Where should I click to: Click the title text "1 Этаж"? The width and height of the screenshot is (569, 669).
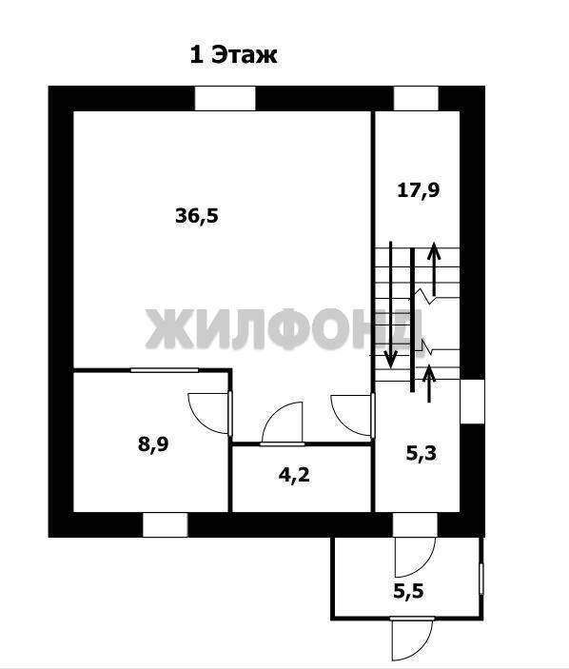point(233,55)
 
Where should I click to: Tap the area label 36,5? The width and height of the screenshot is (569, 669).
point(197,216)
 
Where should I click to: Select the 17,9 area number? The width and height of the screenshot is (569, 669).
point(418,190)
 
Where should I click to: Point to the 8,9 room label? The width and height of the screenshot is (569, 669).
point(153,444)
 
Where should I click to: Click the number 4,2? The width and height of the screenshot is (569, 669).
point(294,475)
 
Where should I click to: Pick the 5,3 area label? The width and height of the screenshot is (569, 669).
point(421,453)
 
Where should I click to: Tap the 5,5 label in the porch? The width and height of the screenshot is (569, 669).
point(408,591)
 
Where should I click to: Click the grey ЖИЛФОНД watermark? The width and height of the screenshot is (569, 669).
point(284,329)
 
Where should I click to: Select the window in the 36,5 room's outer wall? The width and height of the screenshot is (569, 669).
point(226,99)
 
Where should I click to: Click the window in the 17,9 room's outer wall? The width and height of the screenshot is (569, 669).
point(416,99)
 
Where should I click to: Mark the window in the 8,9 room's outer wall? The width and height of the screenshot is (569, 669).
point(165,524)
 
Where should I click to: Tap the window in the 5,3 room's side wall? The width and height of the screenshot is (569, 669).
point(473,401)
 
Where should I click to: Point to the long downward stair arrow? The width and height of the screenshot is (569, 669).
point(390,305)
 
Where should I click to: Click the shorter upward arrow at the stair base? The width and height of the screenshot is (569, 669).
point(429,384)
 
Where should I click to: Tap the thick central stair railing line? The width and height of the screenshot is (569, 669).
point(412,319)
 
